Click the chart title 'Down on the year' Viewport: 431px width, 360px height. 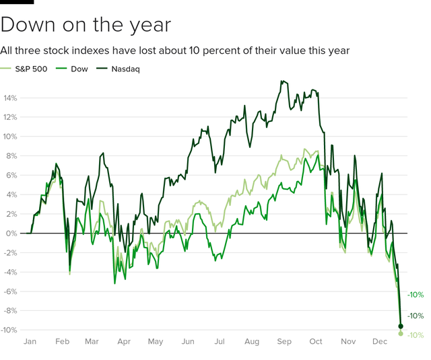86,26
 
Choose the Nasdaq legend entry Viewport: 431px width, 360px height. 118,68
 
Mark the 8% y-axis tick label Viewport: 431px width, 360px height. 10,156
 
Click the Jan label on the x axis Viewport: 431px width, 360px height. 30,342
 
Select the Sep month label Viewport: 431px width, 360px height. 284,342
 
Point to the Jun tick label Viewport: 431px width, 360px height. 189,342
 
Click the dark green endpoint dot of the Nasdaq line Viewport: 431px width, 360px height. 401,326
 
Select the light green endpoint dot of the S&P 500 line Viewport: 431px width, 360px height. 401,334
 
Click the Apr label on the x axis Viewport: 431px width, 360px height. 124,342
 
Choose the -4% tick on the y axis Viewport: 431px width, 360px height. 9,273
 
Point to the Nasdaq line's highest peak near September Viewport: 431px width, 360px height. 281,81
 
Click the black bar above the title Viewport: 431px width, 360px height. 17,1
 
